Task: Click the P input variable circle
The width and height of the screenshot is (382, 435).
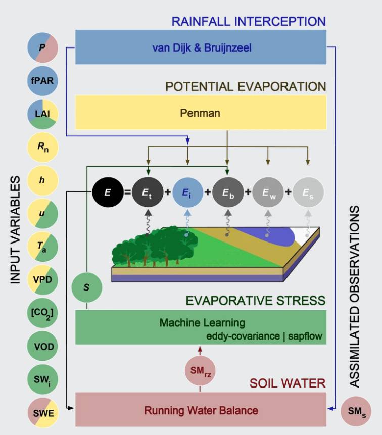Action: click(42, 49)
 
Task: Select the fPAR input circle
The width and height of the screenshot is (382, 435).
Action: click(42, 81)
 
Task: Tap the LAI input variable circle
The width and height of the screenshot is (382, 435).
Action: click(42, 114)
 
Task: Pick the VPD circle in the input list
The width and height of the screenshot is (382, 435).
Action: click(42, 279)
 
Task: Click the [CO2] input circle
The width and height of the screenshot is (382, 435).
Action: click(42, 312)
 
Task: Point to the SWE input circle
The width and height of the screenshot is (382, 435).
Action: click(42, 412)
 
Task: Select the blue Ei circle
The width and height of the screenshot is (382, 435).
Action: click(187, 192)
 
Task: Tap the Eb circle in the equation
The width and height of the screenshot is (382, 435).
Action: click(227, 192)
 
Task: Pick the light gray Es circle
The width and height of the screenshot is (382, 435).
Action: click(307, 192)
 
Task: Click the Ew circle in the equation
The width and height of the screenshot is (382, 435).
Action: click(267, 192)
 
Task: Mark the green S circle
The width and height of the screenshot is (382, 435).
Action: click(86, 287)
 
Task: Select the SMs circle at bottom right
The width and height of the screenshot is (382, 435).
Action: click(356, 412)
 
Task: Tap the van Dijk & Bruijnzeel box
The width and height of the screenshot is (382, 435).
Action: click(201, 47)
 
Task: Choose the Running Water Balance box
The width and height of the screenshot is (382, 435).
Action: click(201, 410)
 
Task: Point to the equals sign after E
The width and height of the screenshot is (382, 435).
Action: click(128, 192)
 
